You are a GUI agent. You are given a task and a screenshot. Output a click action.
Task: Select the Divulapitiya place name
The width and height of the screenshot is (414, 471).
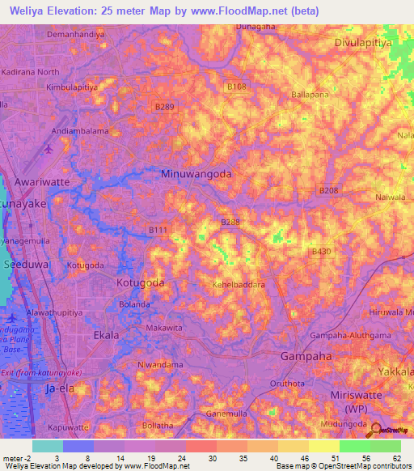pyautogui.click(x=368, y=39)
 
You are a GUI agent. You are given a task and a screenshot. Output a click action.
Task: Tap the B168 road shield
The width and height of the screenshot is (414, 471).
pyautogui.click(x=237, y=87)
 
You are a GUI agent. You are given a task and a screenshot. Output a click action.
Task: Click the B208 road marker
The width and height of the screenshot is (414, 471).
pyautogui.click(x=327, y=190)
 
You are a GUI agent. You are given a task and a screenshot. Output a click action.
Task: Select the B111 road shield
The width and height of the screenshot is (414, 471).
pyautogui.click(x=158, y=231)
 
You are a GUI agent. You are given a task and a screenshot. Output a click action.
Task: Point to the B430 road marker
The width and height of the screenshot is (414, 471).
pyautogui.click(x=322, y=252)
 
